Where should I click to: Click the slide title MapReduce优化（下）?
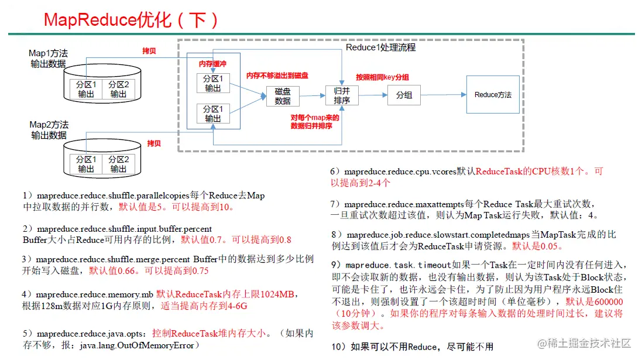132,20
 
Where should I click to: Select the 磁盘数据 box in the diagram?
282,97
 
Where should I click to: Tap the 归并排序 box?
341,96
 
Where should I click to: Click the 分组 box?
404,95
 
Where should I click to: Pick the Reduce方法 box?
492,95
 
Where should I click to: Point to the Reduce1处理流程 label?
380,47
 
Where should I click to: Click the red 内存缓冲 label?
212,63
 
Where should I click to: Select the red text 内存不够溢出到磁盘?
277,76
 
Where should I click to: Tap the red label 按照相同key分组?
382,77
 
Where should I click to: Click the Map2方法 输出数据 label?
49,130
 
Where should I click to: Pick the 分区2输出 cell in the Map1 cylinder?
118,89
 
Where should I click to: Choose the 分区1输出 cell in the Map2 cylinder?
86,164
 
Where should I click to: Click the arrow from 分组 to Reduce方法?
443,95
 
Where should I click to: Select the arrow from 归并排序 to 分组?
372,95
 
